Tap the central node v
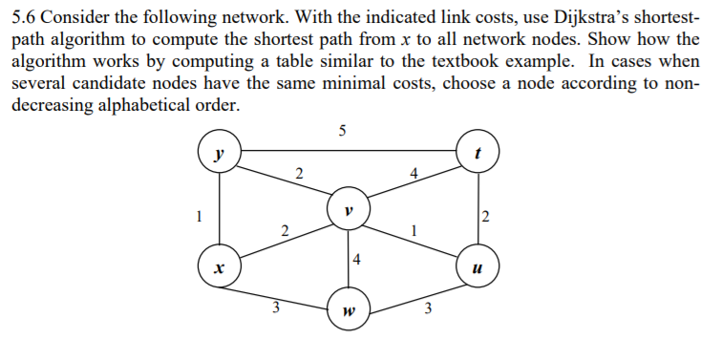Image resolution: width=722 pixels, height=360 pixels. [348, 207]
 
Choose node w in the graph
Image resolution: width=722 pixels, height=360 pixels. [348, 310]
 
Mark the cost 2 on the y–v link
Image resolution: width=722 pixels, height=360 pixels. [299, 174]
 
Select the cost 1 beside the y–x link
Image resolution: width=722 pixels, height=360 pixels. [199, 215]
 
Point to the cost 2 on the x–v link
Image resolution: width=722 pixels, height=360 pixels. [284, 230]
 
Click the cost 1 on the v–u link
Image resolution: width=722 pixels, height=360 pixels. [413, 230]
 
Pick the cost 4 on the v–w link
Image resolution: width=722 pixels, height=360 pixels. [356, 258]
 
